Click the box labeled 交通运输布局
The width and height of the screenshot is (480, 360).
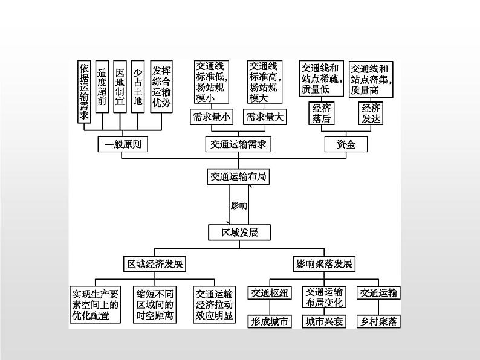pyautogui.click(x=238, y=176)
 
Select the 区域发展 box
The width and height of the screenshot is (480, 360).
pyautogui.click(x=239, y=233)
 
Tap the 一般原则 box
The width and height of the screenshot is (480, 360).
pyautogui.click(x=123, y=144)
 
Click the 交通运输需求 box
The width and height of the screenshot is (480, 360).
pyautogui.click(x=238, y=144)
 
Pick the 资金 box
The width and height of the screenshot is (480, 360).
pyautogui.click(x=346, y=144)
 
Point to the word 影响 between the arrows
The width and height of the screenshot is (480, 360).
pyautogui.click(x=239, y=205)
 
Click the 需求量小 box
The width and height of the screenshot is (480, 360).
pyautogui.click(x=212, y=117)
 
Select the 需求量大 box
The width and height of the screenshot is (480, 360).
pyautogui.click(x=265, y=117)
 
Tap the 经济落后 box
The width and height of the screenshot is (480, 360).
pyautogui.click(x=322, y=113)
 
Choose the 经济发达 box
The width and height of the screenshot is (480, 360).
pyautogui.click(x=371, y=113)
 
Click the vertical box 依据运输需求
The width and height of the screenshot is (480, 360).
pyautogui.click(x=84, y=92)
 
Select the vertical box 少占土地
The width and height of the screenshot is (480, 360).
pyautogui.click(x=138, y=86)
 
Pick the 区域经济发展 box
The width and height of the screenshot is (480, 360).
pyautogui.click(x=155, y=263)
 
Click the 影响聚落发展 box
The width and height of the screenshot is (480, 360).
pyautogui.click(x=324, y=263)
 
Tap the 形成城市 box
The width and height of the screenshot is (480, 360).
pyautogui.click(x=270, y=321)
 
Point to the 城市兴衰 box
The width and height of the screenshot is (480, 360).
pyautogui.click(x=324, y=321)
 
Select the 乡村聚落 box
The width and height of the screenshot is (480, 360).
pyautogui.click(x=378, y=321)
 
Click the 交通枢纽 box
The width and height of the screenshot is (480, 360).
pyautogui.click(x=270, y=293)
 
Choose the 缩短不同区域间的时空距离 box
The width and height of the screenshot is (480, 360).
pyautogui.click(x=155, y=304)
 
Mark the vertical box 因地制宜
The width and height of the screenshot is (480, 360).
pyautogui.click(x=120, y=86)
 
